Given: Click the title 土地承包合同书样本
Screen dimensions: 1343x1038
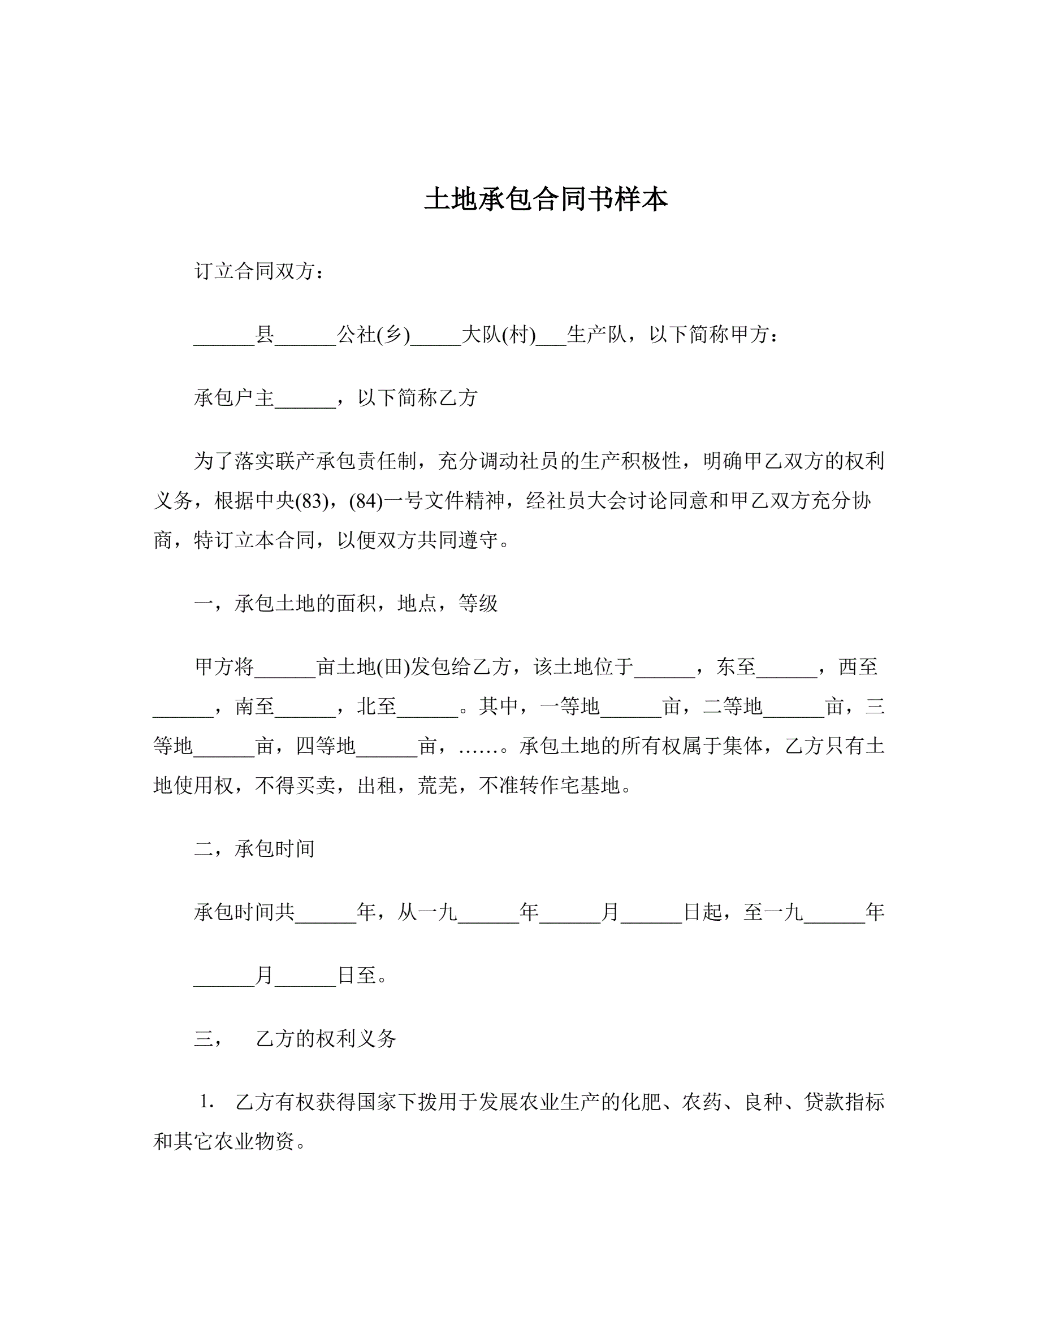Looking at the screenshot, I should click(x=546, y=200).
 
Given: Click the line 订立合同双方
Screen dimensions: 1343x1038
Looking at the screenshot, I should click(x=258, y=271).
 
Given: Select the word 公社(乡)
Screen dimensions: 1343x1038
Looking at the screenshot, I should click(x=373, y=335).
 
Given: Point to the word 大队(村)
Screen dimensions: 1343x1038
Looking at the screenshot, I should click(x=498, y=335).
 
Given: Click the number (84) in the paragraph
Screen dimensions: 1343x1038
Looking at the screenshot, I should click(x=366, y=501).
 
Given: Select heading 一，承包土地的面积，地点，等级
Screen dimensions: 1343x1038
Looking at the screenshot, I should click(x=345, y=603).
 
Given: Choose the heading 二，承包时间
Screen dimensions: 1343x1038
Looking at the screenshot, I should click(x=254, y=848).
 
